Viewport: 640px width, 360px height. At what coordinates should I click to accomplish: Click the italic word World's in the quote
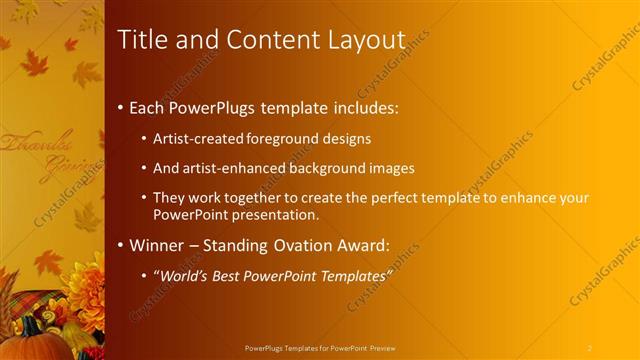[x=190, y=275]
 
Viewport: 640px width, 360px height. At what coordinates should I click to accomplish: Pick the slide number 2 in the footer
[x=590, y=347]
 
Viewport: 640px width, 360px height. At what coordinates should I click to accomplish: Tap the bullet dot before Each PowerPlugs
[x=121, y=105]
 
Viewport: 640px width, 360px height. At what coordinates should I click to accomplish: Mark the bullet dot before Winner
[x=121, y=245]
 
